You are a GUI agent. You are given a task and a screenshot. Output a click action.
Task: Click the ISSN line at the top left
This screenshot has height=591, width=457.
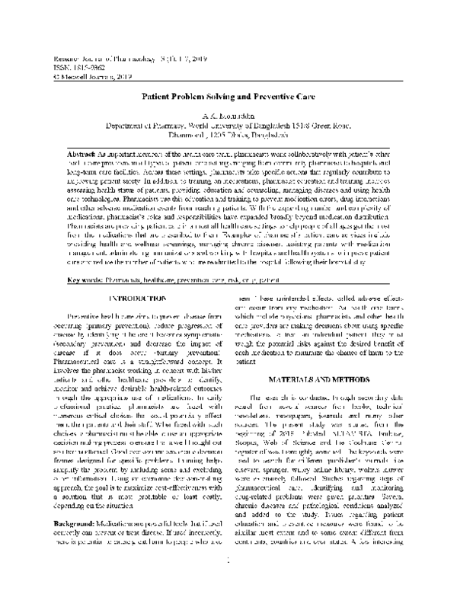click(70, 67)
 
